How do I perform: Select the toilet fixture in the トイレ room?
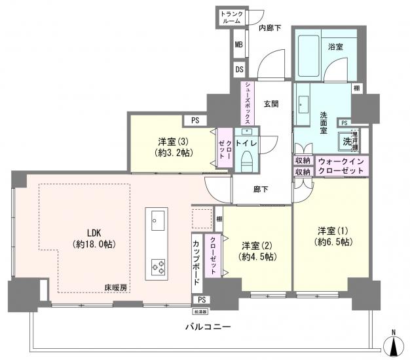coord(247,157)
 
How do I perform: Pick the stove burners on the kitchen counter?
coord(158,266)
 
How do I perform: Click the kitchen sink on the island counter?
coord(157,221)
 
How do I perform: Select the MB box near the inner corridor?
coord(239,45)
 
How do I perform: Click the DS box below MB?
coord(239,68)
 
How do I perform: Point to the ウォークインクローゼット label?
coord(343,165)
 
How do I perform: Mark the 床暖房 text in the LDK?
coord(115,287)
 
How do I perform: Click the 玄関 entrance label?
coord(272,104)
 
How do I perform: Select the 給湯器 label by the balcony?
coord(200,312)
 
